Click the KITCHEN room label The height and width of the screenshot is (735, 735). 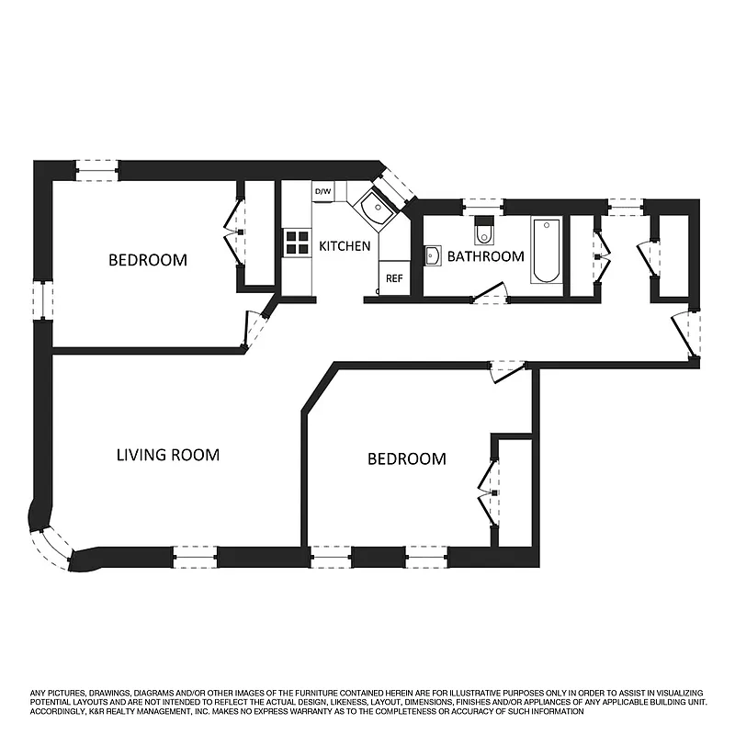tap(345, 246)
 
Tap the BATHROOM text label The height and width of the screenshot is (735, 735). tap(485, 256)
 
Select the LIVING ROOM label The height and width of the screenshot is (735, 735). tap(168, 455)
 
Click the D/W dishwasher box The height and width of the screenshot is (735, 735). tap(322, 191)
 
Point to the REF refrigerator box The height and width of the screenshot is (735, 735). tap(393, 277)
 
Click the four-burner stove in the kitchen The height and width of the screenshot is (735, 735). tap(297, 242)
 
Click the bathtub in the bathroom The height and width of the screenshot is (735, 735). tap(546, 251)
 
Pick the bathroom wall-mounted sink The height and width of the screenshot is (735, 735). tap(434, 255)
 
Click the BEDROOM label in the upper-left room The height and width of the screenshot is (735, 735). tap(148, 260)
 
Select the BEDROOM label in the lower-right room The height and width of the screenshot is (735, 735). tap(407, 459)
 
